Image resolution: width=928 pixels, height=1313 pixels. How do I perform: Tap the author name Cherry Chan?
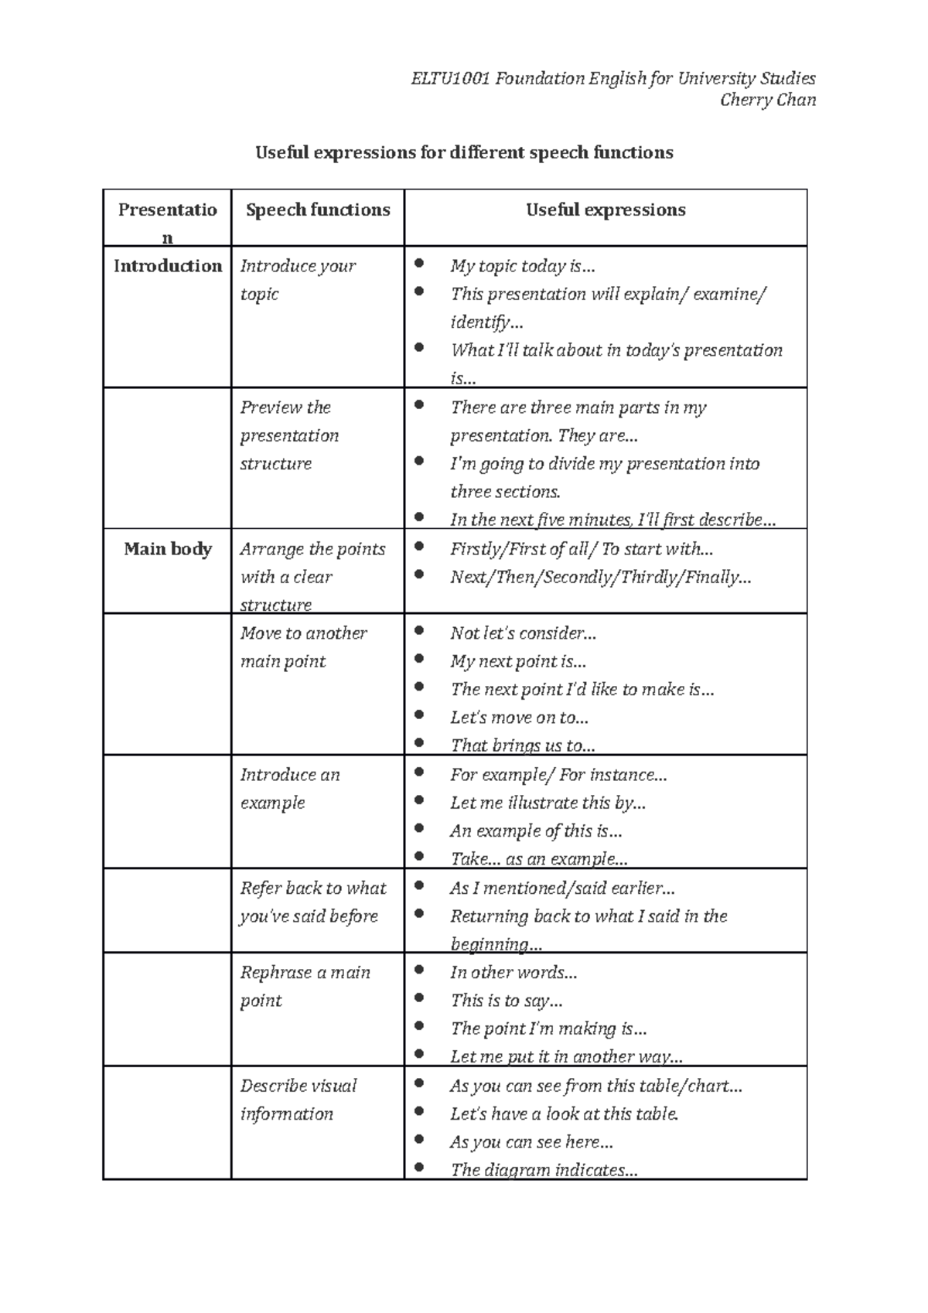pos(767,100)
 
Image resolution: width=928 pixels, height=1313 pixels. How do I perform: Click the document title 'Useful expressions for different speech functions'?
pos(464,152)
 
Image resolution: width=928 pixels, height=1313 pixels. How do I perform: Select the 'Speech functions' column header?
pos(317,210)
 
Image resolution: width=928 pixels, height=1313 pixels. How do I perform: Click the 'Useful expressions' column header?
pos(606,210)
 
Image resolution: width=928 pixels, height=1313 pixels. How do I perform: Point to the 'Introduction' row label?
pos(167,266)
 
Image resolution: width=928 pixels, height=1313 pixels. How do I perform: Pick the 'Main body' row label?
pos(167,549)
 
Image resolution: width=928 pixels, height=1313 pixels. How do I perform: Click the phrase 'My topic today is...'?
pos(523,266)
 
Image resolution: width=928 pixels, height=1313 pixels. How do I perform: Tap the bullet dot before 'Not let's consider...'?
pos(419,630)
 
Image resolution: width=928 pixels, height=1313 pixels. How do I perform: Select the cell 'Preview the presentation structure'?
pos(289,435)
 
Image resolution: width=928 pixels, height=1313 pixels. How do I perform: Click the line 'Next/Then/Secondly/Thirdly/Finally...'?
pos(600,577)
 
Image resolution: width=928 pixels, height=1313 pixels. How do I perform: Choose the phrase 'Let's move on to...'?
pos(519,718)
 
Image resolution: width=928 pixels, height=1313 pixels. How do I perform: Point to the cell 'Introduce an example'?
pos(289,788)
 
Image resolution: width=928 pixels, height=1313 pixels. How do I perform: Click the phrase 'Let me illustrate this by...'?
pos(548,803)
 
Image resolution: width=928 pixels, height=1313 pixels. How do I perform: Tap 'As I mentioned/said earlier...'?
pos(562,888)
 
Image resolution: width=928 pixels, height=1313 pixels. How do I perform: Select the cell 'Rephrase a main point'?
pos(305,986)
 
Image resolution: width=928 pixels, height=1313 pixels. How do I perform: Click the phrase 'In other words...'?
pos(513,972)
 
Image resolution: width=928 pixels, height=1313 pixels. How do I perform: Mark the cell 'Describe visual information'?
pos(298,1099)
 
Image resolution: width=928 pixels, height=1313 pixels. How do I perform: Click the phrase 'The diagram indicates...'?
pos(544,1170)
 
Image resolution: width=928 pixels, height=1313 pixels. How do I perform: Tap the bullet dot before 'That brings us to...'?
pos(419,742)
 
